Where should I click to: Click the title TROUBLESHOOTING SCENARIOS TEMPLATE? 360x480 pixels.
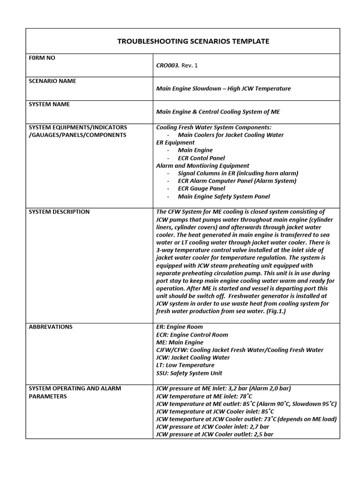pos(193,41)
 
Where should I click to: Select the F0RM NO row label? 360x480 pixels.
pos(42,58)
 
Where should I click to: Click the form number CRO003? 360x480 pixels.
pos(167,65)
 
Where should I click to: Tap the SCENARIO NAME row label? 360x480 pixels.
pos(52,81)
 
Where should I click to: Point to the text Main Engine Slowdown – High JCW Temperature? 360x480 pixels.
pos(223,89)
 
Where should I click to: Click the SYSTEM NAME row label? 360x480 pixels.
pos(49,104)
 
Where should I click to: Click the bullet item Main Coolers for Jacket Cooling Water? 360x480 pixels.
pos(231,135)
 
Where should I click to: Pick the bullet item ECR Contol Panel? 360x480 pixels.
pos(201,158)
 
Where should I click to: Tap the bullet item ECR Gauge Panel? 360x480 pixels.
pos(201,188)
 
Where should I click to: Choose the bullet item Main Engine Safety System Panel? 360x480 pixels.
pos(224,196)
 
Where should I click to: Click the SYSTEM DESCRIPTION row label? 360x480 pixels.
pos(59,212)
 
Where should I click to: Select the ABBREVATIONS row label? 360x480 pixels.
pos(51,327)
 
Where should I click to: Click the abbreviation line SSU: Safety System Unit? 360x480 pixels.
pos(189,373)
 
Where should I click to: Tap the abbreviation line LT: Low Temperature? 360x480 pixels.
pos(185,365)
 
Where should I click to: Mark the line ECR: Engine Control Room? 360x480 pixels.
pos(192,335)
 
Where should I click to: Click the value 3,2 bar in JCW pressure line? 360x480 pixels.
pos(242,389)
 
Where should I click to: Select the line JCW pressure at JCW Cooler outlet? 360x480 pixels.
pos(214,435)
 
